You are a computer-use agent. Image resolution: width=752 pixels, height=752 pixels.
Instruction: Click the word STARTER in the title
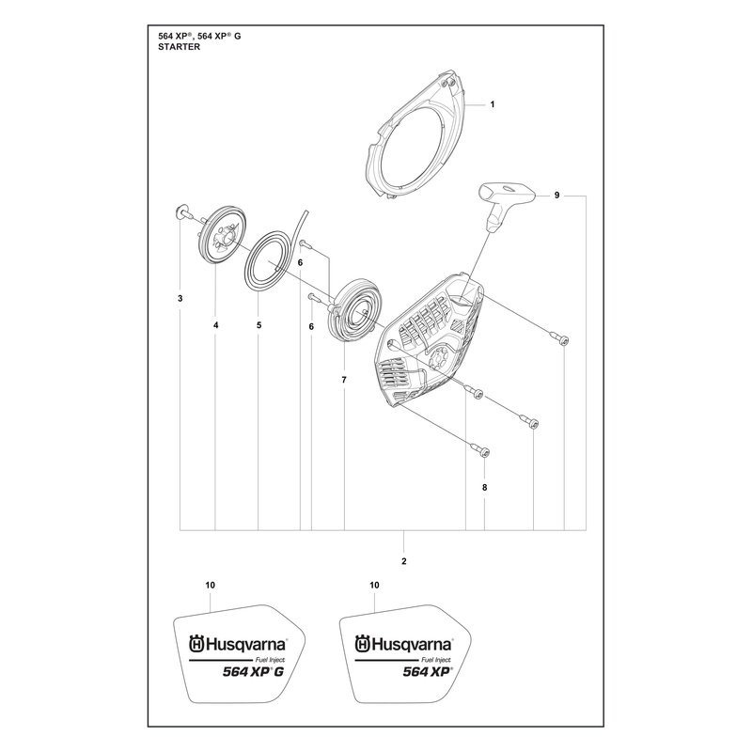click(180, 47)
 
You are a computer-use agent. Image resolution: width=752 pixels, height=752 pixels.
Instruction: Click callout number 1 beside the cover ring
click(492, 104)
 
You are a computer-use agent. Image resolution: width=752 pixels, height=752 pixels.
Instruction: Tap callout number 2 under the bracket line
click(404, 561)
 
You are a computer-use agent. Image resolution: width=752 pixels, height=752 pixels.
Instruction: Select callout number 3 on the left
click(180, 298)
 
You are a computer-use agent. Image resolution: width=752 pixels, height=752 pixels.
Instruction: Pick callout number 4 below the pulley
click(216, 325)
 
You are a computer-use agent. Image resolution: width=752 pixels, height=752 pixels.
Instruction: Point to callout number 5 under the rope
click(259, 325)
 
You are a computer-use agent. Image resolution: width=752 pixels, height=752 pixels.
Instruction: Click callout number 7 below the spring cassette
click(344, 380)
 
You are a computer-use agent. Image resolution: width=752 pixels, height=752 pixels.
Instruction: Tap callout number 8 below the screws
click(484, 487)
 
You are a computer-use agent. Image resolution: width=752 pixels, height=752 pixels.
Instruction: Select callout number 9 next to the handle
click(556, 196)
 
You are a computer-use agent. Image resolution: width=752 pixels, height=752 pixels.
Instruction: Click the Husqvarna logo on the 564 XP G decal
click(238, 643)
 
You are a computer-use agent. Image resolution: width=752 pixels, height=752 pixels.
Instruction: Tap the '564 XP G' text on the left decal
click(253, 671)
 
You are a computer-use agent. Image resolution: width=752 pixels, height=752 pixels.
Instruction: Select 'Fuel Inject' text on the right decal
click(435, 660)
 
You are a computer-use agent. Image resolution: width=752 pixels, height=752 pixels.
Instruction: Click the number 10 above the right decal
click(374, 585)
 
